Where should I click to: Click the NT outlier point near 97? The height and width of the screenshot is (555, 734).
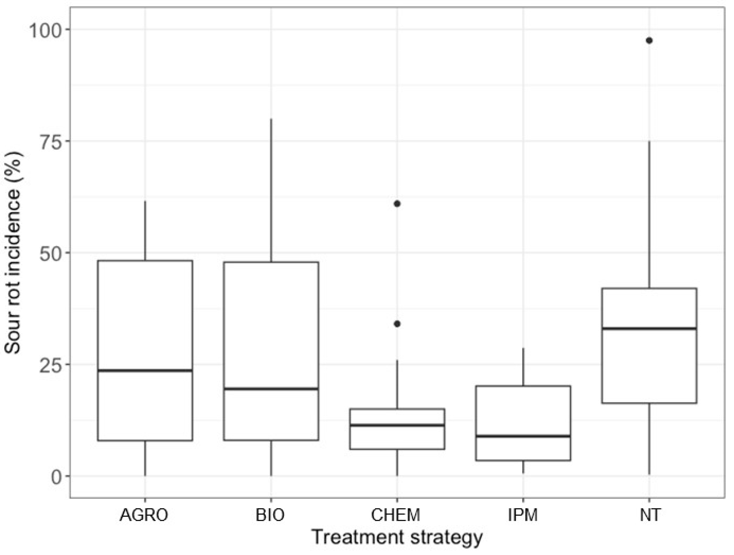pos(649,41)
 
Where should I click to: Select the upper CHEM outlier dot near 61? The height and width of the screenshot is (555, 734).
pos(397,203)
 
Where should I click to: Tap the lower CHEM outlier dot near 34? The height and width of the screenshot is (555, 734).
pos(397,324)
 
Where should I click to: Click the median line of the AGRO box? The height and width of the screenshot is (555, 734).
pos(145,370)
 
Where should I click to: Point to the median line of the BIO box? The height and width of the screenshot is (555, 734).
pos(271,389)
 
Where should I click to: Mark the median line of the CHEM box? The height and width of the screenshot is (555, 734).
pos(397,425)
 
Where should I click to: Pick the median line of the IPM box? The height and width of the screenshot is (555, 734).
pos(523,436)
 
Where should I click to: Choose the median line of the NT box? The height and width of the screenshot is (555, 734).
pos(649,328)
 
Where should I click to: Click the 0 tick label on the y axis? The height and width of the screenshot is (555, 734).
pos(56,477)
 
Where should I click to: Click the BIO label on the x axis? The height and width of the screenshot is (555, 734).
pos(270,515)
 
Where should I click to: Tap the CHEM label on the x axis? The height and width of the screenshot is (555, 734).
pos(395,515)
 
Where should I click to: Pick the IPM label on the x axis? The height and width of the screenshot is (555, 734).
pos(523,515)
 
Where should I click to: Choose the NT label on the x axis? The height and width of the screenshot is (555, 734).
pos(649,515)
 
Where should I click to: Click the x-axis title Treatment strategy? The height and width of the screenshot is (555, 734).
pos(397,538)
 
